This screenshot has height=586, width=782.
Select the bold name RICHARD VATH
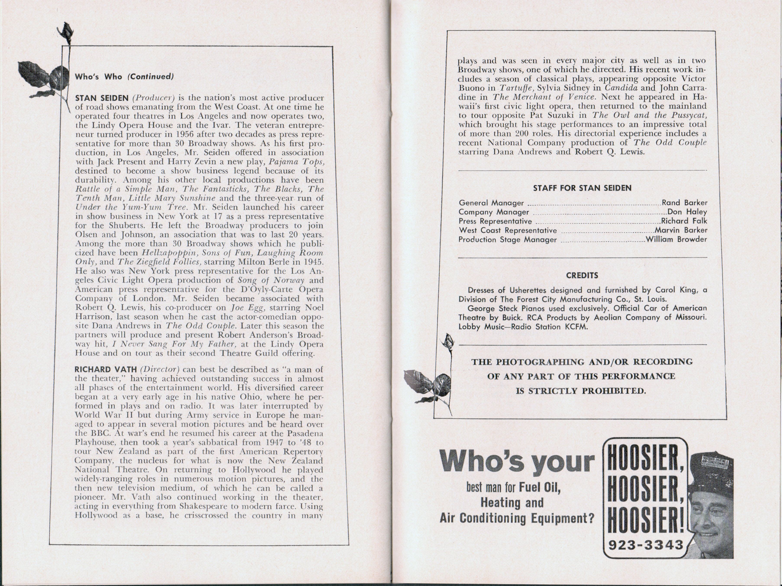pos(105,369)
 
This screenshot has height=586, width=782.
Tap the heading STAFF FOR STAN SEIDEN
pos(582,188)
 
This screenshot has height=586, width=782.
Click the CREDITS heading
pos(582,275)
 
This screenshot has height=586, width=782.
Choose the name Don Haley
pos(687,212)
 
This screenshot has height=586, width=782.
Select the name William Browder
pos(676,239)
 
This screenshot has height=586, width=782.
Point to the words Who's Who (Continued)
pos(124,77)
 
